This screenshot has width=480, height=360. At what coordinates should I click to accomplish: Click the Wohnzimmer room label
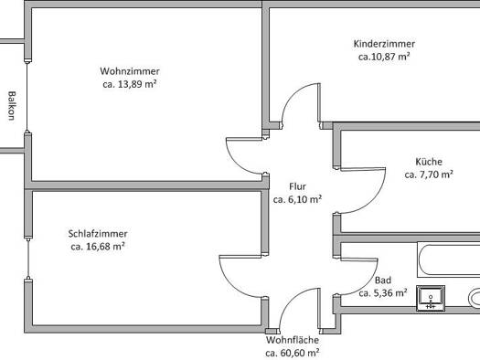130,71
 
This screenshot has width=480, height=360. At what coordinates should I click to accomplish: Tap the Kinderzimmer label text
384,44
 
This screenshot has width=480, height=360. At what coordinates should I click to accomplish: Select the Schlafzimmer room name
98,234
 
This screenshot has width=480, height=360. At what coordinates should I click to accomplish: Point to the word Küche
429,162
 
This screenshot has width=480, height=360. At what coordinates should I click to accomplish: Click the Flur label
297,186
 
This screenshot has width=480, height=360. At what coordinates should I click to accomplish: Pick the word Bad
383,280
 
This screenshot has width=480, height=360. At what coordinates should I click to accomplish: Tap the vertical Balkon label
12,105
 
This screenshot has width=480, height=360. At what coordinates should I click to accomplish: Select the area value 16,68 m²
105,247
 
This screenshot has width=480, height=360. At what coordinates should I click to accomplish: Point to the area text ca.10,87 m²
384,57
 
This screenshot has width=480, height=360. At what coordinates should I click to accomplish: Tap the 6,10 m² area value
304,199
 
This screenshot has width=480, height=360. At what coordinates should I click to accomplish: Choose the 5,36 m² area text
390,292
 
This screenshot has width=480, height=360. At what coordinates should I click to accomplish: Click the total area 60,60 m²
300,353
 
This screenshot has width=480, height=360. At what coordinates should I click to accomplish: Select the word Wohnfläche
293,340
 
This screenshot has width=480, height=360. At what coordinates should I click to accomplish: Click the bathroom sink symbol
431,299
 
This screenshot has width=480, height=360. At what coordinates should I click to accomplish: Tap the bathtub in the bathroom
449,259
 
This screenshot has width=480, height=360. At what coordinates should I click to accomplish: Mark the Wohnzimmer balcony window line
27,97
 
